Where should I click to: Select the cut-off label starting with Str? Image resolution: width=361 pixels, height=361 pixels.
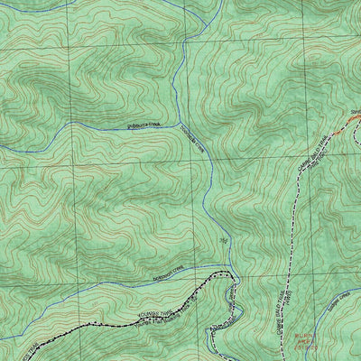coord(355,111)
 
